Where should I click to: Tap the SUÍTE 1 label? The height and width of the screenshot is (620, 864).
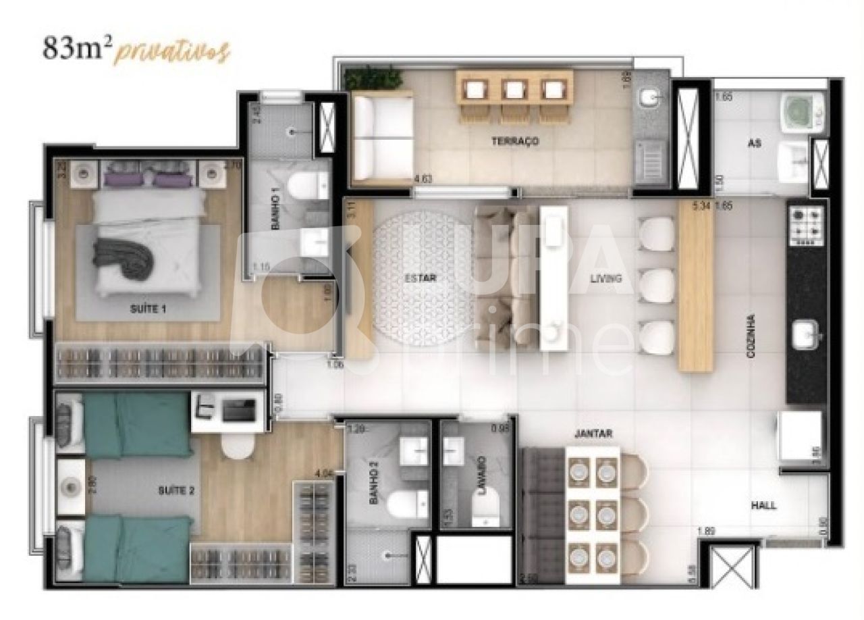148,309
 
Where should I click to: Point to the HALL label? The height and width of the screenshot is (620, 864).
763,505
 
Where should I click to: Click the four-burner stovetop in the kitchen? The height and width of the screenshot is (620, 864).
807,226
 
